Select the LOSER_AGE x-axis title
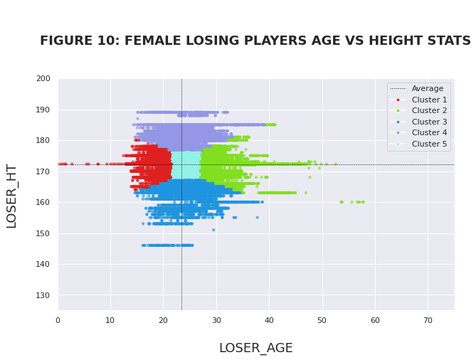point(255,348)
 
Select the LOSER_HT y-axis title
point(11,196)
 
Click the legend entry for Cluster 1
point(424,100)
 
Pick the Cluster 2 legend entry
point(424,111)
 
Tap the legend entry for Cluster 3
point(424,122)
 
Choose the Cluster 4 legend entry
point(424,132)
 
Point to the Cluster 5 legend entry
point(424,144)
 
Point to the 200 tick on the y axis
point(43,78)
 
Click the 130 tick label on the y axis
point(43,295)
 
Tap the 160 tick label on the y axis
point(43,202)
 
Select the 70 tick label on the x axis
point(428,320)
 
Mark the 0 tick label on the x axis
point(58,320)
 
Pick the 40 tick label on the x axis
point(269,320)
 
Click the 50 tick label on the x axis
point(322,320)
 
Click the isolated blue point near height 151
point(213,230)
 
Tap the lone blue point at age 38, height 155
point(258,218)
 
